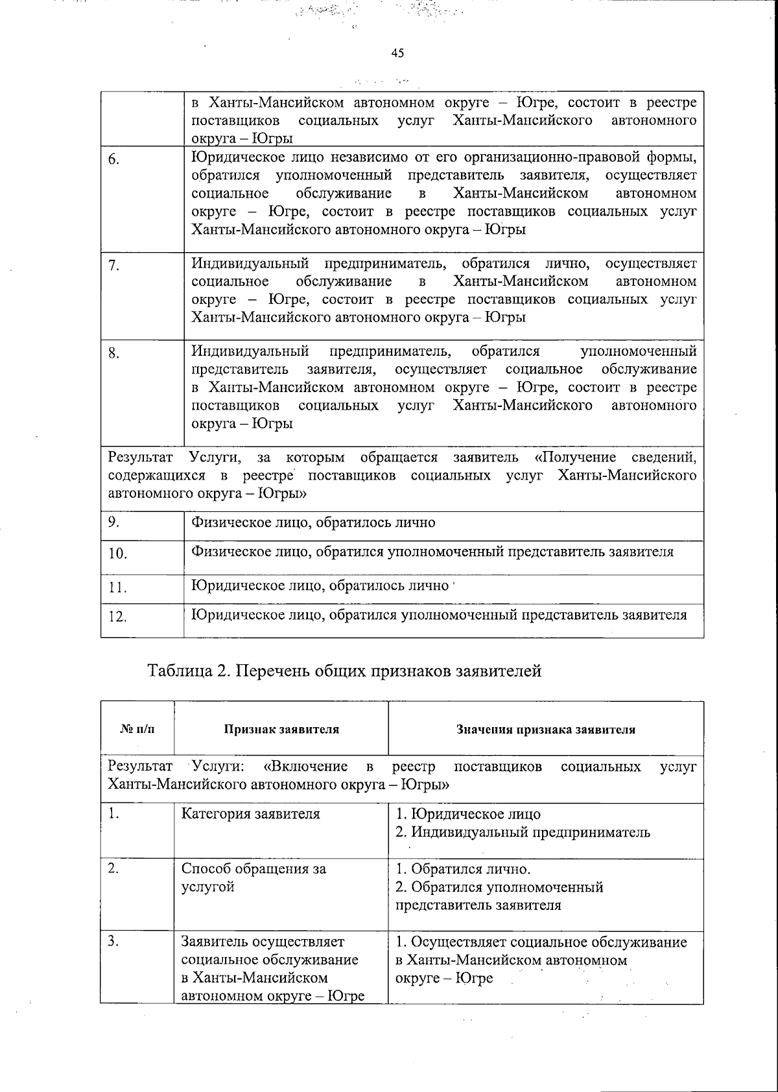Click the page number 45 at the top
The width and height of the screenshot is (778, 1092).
pyautogui.click(x=397, y=53)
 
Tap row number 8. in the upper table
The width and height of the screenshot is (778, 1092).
pyautogui.click(x=113, y=354)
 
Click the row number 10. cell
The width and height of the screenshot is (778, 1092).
pyautogui.click(x=117, y=553)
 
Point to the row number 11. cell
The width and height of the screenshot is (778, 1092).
pyautogui.click(x=117, y=588)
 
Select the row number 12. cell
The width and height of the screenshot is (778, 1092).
pyautogui.click(x=117, y=616)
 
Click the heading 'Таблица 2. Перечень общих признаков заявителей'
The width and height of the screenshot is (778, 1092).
pyautogui.click(x=345, y=671)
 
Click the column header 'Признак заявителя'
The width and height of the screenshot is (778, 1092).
pyautogui.click(x=281, y=729)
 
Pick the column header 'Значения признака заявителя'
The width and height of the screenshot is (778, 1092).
pyautogui.click(x=545, y=729)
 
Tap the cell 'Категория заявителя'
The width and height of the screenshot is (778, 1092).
pyautogui.click(x=250, y=814)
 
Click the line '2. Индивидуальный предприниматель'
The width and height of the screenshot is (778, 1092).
pyautogui.click(x=523, y=832)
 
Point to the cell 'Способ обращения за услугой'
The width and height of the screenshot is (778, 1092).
pyautogui.click(x=253, y=877)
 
